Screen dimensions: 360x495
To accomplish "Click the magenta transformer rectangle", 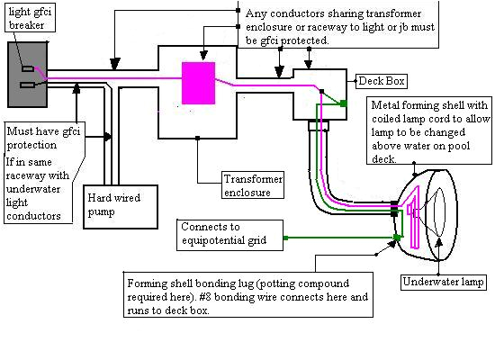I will [199, 82].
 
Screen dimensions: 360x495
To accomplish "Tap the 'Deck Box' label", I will [382, 81].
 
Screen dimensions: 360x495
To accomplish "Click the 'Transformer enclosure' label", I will [252, 186].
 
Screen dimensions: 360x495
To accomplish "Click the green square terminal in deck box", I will [343, 104].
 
